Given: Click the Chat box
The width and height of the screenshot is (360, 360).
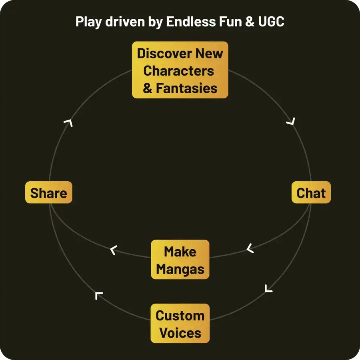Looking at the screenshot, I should tap(311, 193).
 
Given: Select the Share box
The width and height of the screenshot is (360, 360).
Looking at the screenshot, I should tap(48, 193).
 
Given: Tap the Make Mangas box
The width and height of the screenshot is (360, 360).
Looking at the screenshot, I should tap(180, 260).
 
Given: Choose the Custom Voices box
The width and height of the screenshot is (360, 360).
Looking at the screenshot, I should tap(180, 324).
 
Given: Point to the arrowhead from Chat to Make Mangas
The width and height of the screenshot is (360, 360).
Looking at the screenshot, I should tap(250, 248).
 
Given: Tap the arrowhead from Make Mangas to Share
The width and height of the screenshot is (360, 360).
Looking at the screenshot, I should tap(114, 250).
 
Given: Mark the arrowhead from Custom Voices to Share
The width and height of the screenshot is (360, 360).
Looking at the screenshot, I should tap(99, 296).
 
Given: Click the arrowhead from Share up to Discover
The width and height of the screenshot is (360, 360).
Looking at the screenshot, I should tap(68, 123).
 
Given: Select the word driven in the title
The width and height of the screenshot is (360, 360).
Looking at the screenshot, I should tap(124, 21).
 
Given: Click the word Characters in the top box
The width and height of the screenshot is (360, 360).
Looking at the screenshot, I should tap(178, 71).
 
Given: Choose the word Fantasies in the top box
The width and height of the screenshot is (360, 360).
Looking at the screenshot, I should tap(186, 88).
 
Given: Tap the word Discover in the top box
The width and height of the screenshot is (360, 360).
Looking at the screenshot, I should tap(164, 53).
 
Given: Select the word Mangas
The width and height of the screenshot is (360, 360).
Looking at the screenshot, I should tap(180, 269).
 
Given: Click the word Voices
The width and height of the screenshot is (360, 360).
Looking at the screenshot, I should tap(180, 333).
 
